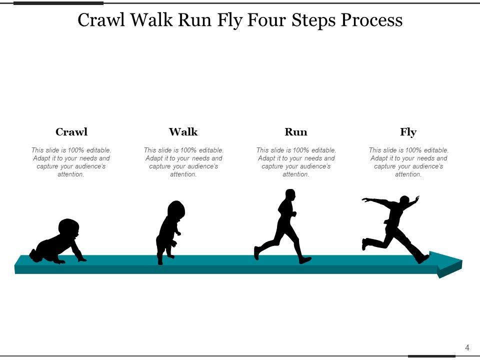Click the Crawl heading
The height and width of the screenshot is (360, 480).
(x=71, y=132)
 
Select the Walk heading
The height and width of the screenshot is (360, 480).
(x=183, y=132)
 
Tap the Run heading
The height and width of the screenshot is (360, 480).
(x=296, y=132)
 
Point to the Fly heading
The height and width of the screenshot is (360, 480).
(x=408, y=132)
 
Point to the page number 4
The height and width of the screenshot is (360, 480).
(x=467, y=347)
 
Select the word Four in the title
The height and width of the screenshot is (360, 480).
(x=265, y=20)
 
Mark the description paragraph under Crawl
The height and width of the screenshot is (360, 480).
(x=71, y=162)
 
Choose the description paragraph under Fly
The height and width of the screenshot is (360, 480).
(x=408, y=162)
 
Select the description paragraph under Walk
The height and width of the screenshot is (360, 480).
(x=183, y=162)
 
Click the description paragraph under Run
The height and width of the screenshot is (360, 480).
(x=296, y=162)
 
